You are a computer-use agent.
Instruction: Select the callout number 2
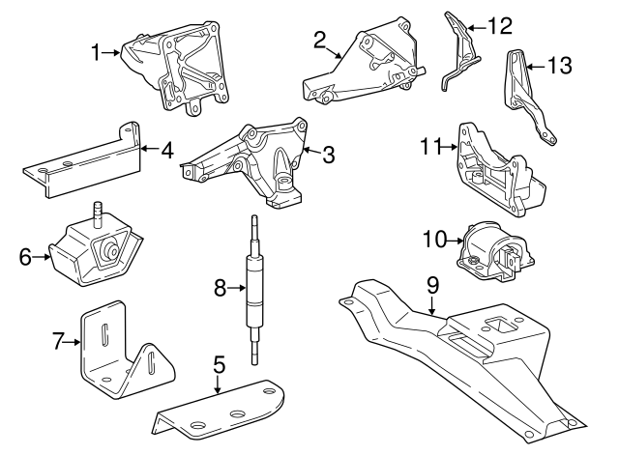click(319, 40)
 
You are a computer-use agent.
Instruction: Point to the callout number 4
click(166, 150)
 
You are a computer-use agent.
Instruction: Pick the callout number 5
click(220, 364)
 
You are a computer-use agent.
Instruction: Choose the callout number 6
click(25, 256)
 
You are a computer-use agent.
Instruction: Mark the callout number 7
click(58, 339)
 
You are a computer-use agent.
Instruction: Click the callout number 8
click(220, 287)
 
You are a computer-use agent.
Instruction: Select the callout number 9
click(432, 284)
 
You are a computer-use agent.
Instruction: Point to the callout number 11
click(431, 147)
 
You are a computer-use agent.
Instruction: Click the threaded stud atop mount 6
click(97, 213)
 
